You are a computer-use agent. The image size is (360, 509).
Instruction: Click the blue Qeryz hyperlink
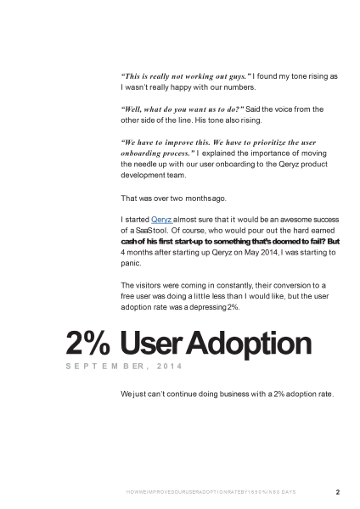pyautogui.click(x=160, y=220)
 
